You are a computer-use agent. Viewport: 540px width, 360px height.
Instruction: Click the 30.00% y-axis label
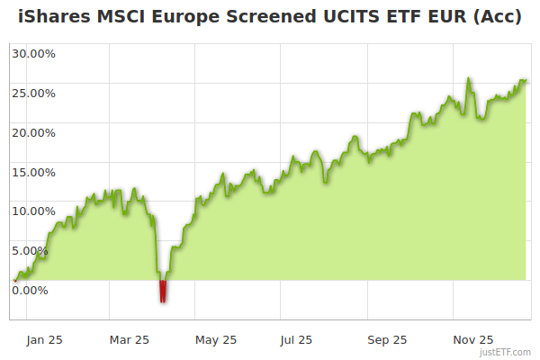(x=33, y=53)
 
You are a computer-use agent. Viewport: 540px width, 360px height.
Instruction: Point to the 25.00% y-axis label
(x=33, y=93)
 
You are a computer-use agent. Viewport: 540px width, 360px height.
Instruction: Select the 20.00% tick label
(x=33, y=132)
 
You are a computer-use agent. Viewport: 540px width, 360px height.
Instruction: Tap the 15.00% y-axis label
(x=33, y=172)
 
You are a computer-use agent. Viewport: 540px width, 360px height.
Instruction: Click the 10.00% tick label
(x=33, y=211)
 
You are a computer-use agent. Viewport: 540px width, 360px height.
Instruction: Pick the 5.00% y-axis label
(x=31, y=250)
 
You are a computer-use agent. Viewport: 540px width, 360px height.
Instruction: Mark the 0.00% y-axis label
(x=31, y=290)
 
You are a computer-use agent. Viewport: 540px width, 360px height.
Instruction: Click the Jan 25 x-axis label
(x=44, y=340)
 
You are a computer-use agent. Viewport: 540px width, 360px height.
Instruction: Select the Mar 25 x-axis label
(x=130, y=340)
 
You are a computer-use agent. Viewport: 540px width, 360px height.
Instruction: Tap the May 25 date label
(x=216, y=340)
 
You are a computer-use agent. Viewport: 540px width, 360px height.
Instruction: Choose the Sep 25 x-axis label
(x=387, y=340)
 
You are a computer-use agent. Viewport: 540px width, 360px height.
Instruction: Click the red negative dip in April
(x=163, y=292)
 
